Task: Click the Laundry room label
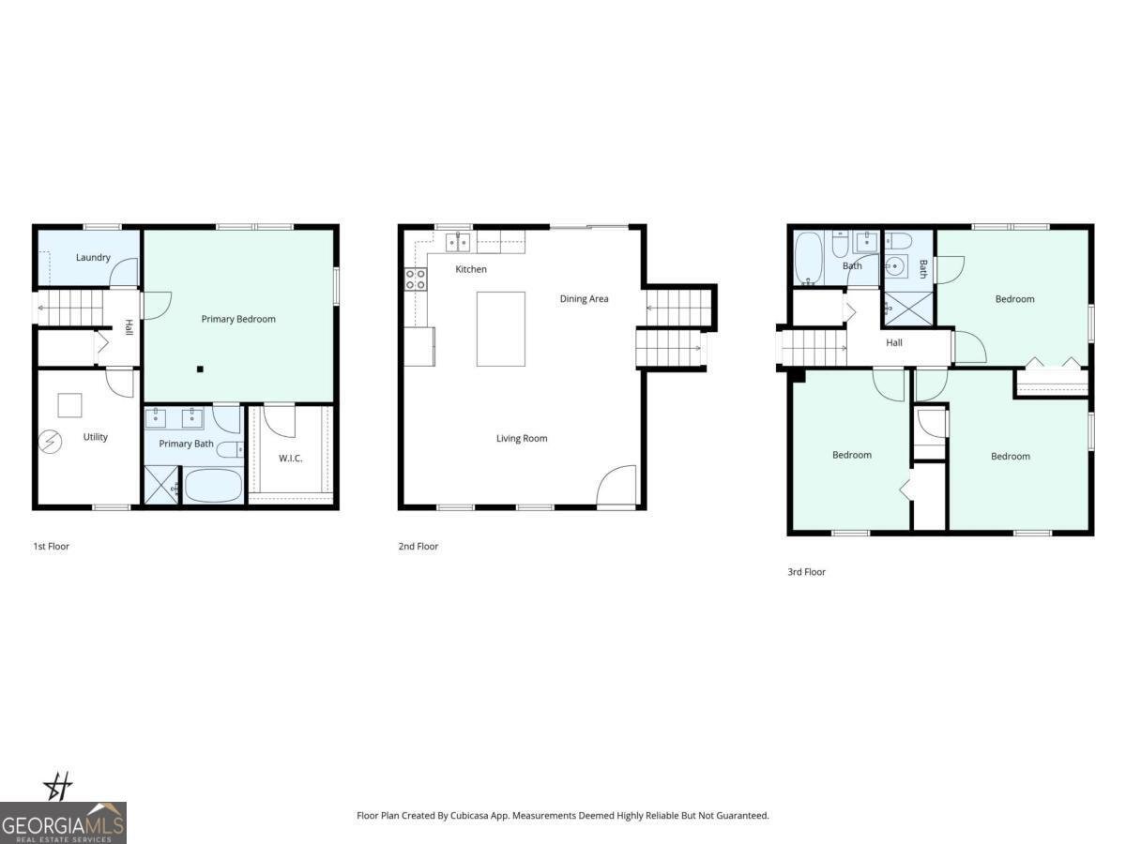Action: pos(93,257)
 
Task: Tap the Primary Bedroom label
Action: pos(238,319)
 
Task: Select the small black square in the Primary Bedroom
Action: pos(200,369)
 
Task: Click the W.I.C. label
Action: pos(290,459)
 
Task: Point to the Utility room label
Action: pos(96,437)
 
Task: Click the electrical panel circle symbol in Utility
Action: pos(51,442)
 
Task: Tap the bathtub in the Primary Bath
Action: pos(213,486)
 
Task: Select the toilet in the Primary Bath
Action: pos(230,450)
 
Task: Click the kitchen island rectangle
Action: pos(501,329)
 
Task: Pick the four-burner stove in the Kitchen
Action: pos(416,279)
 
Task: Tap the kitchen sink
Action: pos(458,241)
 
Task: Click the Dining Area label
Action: pos(584,299)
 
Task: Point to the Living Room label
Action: pos(522,438)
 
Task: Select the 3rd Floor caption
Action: pos(806,572)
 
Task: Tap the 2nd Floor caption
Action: pos(418,547)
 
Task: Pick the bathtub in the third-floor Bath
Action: pos(809,258)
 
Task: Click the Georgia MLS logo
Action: pos(63,822)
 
